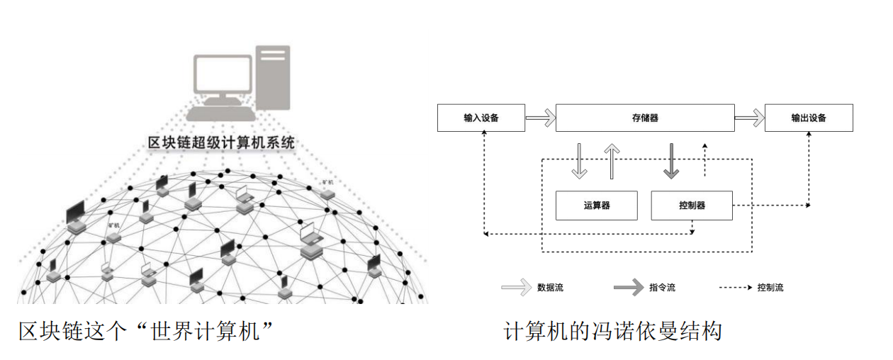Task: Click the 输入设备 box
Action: click(481, 118)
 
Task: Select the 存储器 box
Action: click(645, 118)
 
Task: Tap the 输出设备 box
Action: click(809, 118)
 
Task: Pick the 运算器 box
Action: click(597, 206)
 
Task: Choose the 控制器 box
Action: click(691, 206)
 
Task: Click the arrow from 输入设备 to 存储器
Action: click(540, 118)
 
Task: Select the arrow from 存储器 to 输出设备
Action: click(749, 118)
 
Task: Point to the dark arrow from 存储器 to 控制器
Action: click(670, 161)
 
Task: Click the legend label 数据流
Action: click(551, 288)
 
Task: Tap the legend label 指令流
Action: click(662, 288)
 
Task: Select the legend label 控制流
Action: click(770, 288)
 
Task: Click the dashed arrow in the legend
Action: click(734, 288)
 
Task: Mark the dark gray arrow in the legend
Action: click(628, 288)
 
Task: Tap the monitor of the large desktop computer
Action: click(223, 77)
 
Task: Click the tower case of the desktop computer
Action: click(273, 78)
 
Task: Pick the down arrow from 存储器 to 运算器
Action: click(580, 161)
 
